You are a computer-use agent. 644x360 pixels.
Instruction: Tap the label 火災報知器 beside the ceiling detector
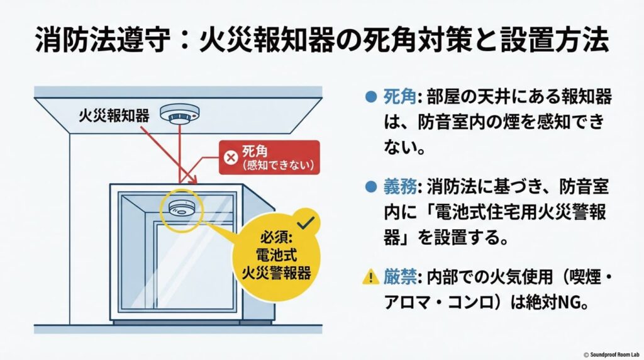click(x=113, y=116)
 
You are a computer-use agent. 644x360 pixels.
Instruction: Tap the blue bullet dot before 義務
click(x=370, y=187)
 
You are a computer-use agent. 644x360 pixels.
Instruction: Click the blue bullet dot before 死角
click(x=370, y=98)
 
